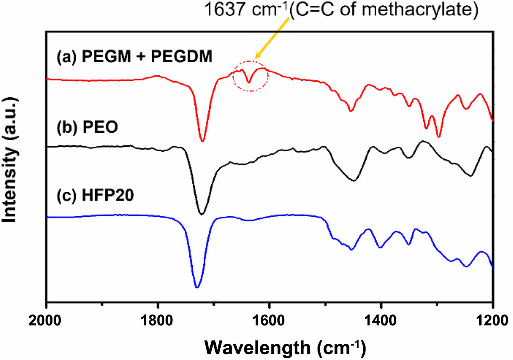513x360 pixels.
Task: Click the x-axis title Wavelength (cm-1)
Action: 285,347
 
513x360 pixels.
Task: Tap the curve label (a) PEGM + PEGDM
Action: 134,57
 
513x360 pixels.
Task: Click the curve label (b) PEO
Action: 87,127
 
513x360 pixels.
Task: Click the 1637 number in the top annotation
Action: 222,10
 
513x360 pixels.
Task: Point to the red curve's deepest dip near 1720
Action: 202,141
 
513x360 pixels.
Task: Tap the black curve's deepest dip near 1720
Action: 202,214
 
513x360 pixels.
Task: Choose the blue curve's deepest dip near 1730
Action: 197,287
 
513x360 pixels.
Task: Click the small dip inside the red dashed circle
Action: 249,82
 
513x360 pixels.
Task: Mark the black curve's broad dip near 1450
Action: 354,180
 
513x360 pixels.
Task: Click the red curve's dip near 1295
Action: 439,137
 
